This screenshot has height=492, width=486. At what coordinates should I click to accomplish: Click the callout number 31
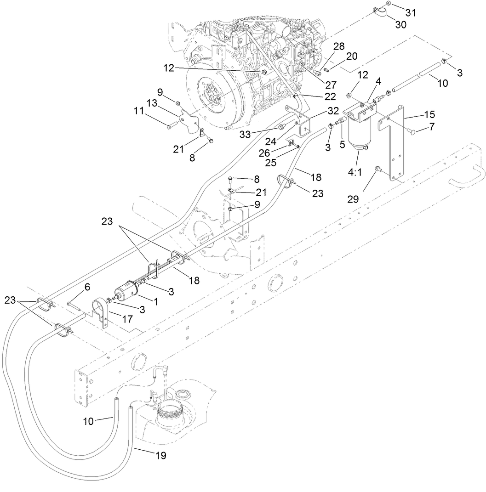(x=410, y=13)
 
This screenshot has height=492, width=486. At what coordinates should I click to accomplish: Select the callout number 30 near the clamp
(x=400, y=25)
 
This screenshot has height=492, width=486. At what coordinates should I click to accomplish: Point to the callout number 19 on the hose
(x=160, y=456)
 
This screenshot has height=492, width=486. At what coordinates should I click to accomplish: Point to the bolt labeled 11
(x=170, y=125)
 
